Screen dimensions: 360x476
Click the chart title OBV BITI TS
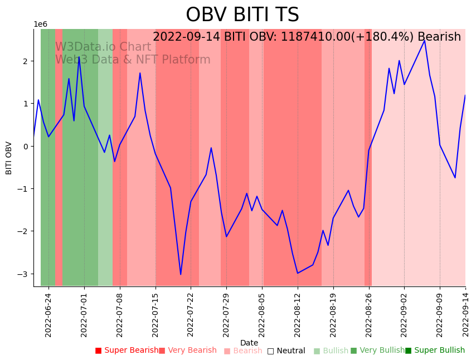pyautogui.click(x=242, y=15)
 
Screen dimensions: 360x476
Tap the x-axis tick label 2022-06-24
pyautogui.click(x=48, y=314)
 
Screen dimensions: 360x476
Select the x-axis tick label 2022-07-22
pyautogui.click(x=191, y=314)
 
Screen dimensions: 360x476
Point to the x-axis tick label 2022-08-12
pyautogui.click(x=298, y=314)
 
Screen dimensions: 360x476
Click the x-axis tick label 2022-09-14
pyautogui.click(x=465, y=314)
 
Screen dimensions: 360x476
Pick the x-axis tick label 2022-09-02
pyautogui.click(x=404, y=314)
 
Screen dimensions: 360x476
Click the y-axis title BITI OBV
pyautogui.click(x=9, y=158)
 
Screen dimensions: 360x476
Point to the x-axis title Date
pyautogui.click(x=249, y=343)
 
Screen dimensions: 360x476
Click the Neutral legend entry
pyautogui.click(x=286, y=351)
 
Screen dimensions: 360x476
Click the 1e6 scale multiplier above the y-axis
pyautogui.click(x=41, y=25)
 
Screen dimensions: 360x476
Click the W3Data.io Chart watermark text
pyautogui.click(x=103, y=47)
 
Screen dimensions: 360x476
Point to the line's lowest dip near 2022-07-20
pyautogui.click(x=181, y=274)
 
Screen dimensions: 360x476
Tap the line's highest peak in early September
pyautogui.click(x=425, y=40)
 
